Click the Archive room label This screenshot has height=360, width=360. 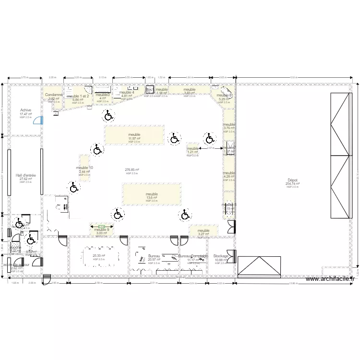click(x=25, y=110)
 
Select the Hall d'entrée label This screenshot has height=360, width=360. click(x=25, y=175)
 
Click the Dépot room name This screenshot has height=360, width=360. click(x=292, y=180)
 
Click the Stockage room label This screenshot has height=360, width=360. click(x=221, y=256)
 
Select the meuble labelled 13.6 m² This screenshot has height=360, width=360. click(x=152, y=194)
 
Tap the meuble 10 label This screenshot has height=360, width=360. click(x=84, y=168)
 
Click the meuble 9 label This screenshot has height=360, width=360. click(x=101, y=229)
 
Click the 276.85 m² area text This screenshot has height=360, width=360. click(x=132, y=170)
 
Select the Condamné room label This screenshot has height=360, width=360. click(x=54, y=95)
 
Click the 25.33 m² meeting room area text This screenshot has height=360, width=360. click(x=99, y=256)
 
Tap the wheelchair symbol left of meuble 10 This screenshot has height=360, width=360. click(x=73, y=187)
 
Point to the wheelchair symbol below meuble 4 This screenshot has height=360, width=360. click(x=108, y=115)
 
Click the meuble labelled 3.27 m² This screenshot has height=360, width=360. click(x=204, y=231)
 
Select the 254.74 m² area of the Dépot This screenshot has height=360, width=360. click(x=292, y=183)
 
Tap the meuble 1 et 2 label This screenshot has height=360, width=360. click(x=78, y=96)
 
